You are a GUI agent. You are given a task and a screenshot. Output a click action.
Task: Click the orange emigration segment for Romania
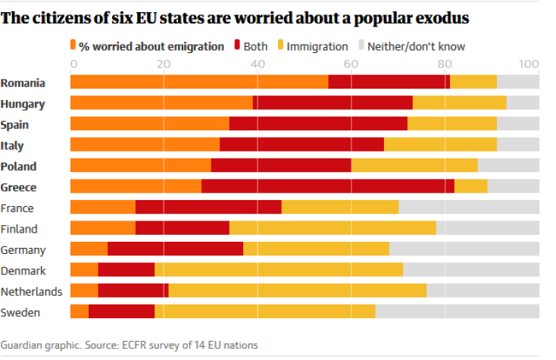click(198, 83)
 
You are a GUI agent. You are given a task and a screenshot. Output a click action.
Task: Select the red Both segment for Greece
click(327, 187)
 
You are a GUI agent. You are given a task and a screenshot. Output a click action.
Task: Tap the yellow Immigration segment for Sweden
click(264, 312)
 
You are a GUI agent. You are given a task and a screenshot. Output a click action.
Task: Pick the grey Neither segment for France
click(468, 208)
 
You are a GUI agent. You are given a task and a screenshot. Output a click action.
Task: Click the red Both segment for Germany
click(175, 249)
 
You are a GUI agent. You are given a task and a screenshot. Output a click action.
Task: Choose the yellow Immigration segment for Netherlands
click(297, 291)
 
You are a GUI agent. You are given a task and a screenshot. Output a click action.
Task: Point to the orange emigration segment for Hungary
click(161, 104)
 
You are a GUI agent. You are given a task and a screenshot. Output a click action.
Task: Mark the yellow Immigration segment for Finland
click(333, 229)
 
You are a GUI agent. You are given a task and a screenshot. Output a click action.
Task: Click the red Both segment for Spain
click(318, 124)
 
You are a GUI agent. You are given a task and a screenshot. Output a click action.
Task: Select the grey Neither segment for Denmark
click(470, 271)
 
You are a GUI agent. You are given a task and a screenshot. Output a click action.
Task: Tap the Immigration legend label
click(319, 47)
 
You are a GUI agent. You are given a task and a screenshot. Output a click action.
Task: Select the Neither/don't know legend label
click(416, 47)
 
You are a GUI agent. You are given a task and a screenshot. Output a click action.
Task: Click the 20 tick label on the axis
click(163, 64)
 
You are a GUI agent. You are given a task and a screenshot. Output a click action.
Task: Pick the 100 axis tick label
click(529, 64)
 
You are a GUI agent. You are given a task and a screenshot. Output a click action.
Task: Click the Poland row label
click(18, 167)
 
